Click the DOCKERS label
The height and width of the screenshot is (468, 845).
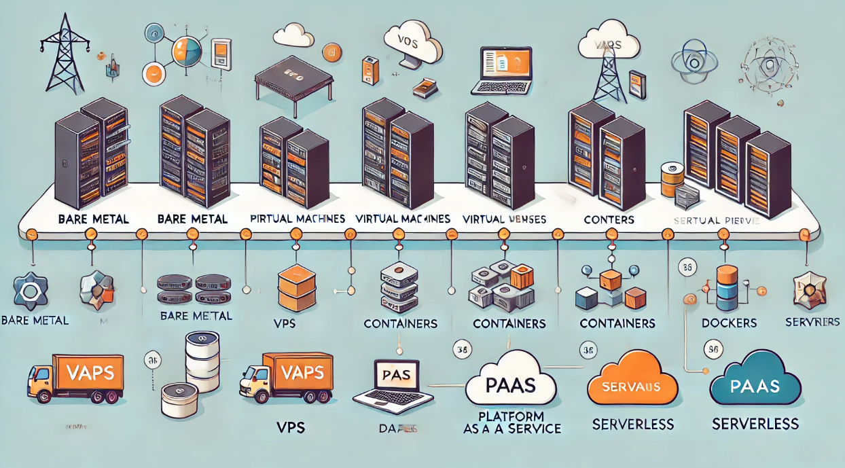pyautogui.click(x=729, y=323)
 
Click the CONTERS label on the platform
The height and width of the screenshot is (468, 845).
pyautogui.click(x=609, y=219)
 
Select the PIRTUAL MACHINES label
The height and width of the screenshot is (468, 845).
pyautogui.click(x=298, y=219)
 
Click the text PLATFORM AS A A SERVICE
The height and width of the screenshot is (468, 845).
pyautogui.click(x=511, y=422)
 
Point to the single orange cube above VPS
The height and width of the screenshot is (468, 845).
pyautogui.click(x=297, y=286)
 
